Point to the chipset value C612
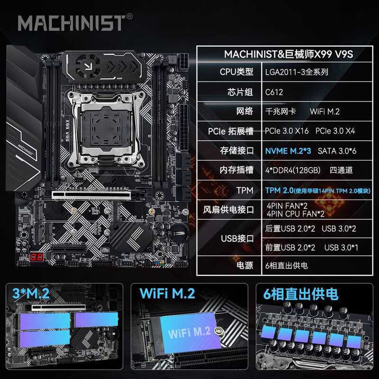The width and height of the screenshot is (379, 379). [x=275, y=92]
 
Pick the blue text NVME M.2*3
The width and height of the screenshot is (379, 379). [x=288, y=151]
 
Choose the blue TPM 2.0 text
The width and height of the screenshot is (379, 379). [x=282, y=189]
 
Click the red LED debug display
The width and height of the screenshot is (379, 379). [x=36, y=257]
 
